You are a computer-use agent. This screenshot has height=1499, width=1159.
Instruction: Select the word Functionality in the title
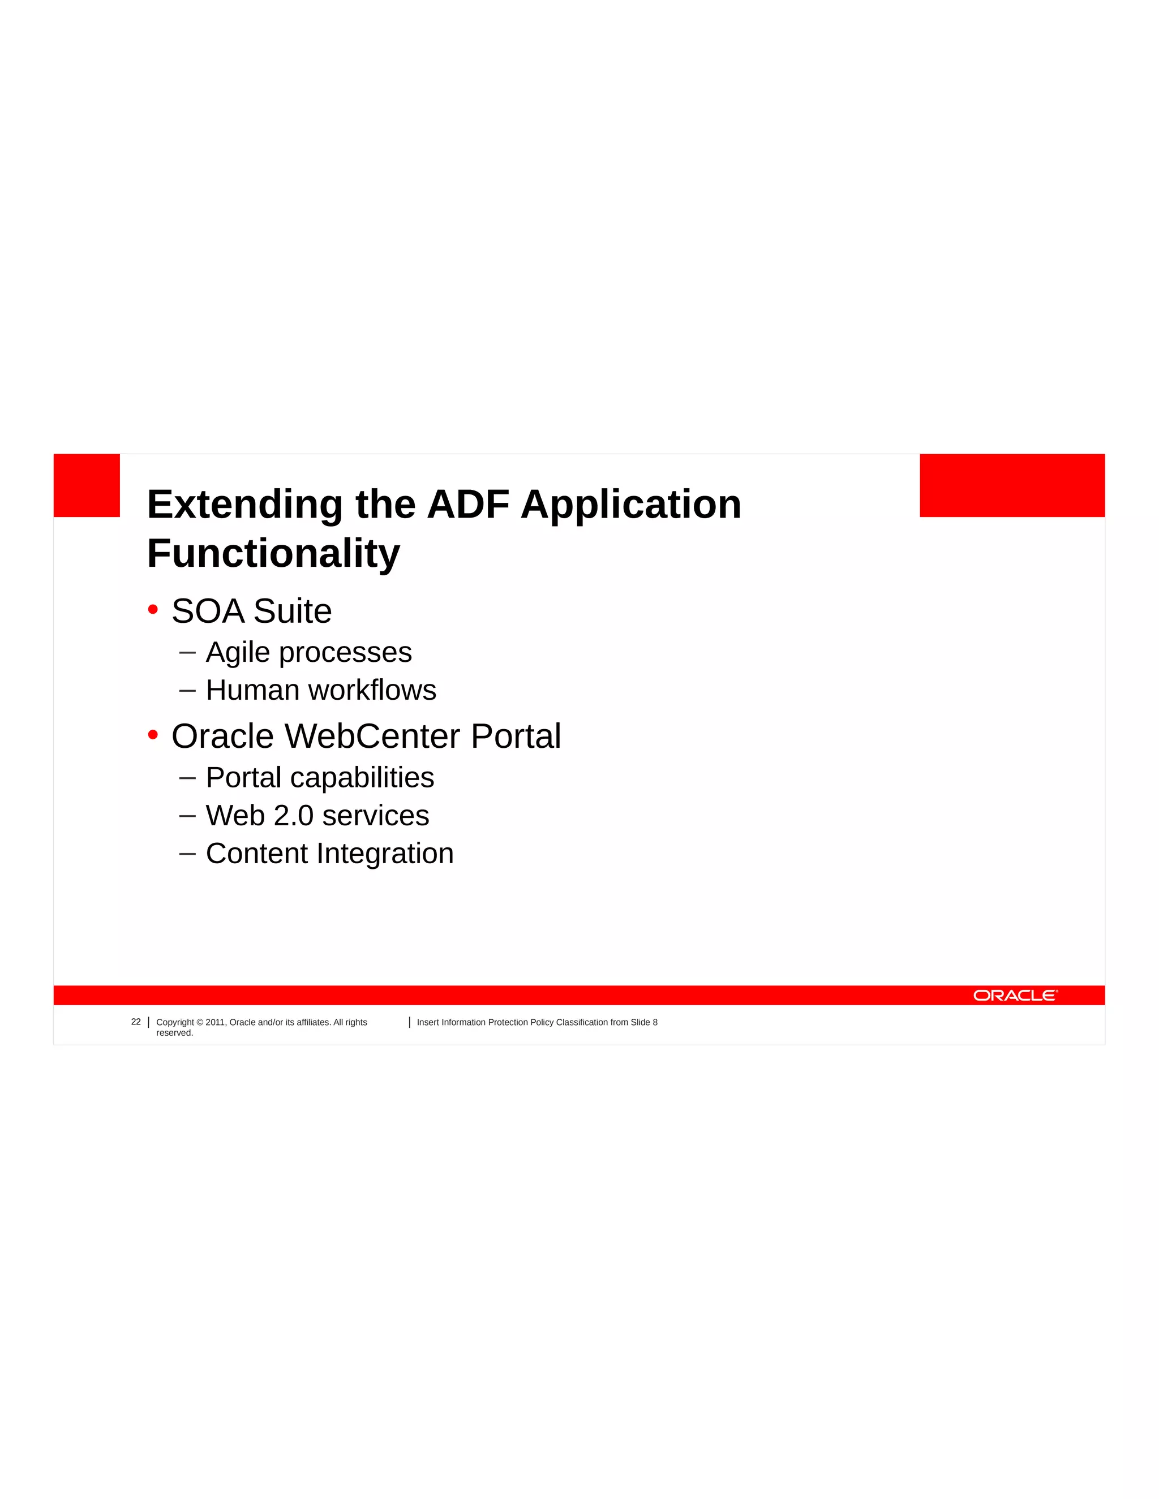tap(273, 554)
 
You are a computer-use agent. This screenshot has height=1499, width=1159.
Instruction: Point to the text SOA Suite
tap(251, 611)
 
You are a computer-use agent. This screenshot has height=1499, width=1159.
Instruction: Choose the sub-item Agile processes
tap(308, 652)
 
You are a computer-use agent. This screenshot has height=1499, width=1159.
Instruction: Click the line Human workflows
tap(321, 690)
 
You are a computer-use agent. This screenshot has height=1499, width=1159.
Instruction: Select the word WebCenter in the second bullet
tap(372, 736)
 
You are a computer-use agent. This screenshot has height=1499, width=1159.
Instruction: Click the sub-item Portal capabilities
tap(320, 778)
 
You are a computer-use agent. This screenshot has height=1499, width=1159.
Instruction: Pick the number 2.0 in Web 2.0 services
tap(293, 815)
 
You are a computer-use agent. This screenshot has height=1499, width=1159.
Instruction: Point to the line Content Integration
tap(329, 853)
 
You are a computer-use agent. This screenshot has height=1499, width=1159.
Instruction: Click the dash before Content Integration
tap(187, 853)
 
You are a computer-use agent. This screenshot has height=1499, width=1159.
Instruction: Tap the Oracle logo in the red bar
tap(1015, 995)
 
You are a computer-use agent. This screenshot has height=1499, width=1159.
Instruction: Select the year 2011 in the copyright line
tap(215, 1022)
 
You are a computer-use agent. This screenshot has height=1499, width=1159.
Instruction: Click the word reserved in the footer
tap(174, 1033)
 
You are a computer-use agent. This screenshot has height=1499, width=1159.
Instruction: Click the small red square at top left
tap(87, 485)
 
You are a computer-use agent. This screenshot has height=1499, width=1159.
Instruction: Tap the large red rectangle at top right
tap(1011, 485)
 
